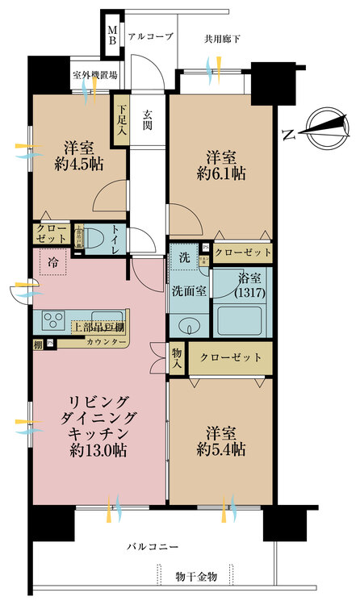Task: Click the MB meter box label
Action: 114,35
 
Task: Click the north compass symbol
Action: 320,125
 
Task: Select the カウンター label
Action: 114,343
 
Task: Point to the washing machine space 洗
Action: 183,260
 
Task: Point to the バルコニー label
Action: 152,547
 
